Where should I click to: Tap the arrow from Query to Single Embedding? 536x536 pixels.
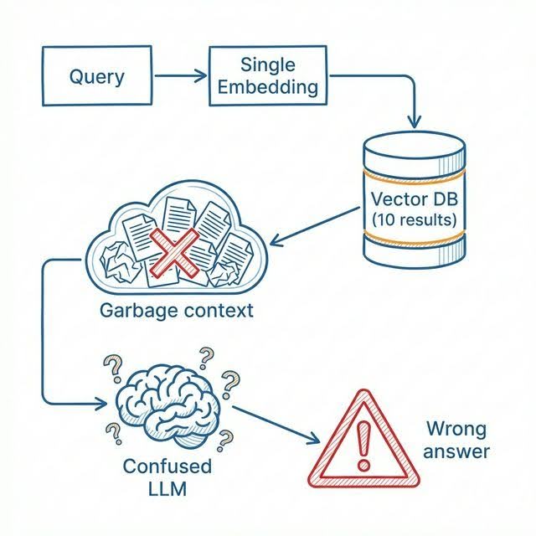click(x=181, y=75)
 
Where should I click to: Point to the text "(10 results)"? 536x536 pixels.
click(x=415, y=219)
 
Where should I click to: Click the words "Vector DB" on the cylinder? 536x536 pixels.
click(x=415, y=199)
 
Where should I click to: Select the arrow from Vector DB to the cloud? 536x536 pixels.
click(x=315, y=226)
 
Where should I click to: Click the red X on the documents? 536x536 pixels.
click(x=175, y=252)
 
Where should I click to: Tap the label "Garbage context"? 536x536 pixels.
click(x=177, y=311)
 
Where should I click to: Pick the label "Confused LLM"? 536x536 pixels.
click(x=167, y=477)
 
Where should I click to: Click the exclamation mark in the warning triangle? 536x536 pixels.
click(x=363, y=445)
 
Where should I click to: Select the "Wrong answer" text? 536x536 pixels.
click(x=456, y=441)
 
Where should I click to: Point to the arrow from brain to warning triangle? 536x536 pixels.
click(x=276, y=425)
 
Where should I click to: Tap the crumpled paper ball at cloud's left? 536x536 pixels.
click(x=120, y=261)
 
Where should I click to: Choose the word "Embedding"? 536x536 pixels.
click(x=268, y=87)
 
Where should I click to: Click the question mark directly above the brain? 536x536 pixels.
click(x=206, y=358)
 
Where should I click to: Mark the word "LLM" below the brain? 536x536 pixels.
click(x=167, y=488)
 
